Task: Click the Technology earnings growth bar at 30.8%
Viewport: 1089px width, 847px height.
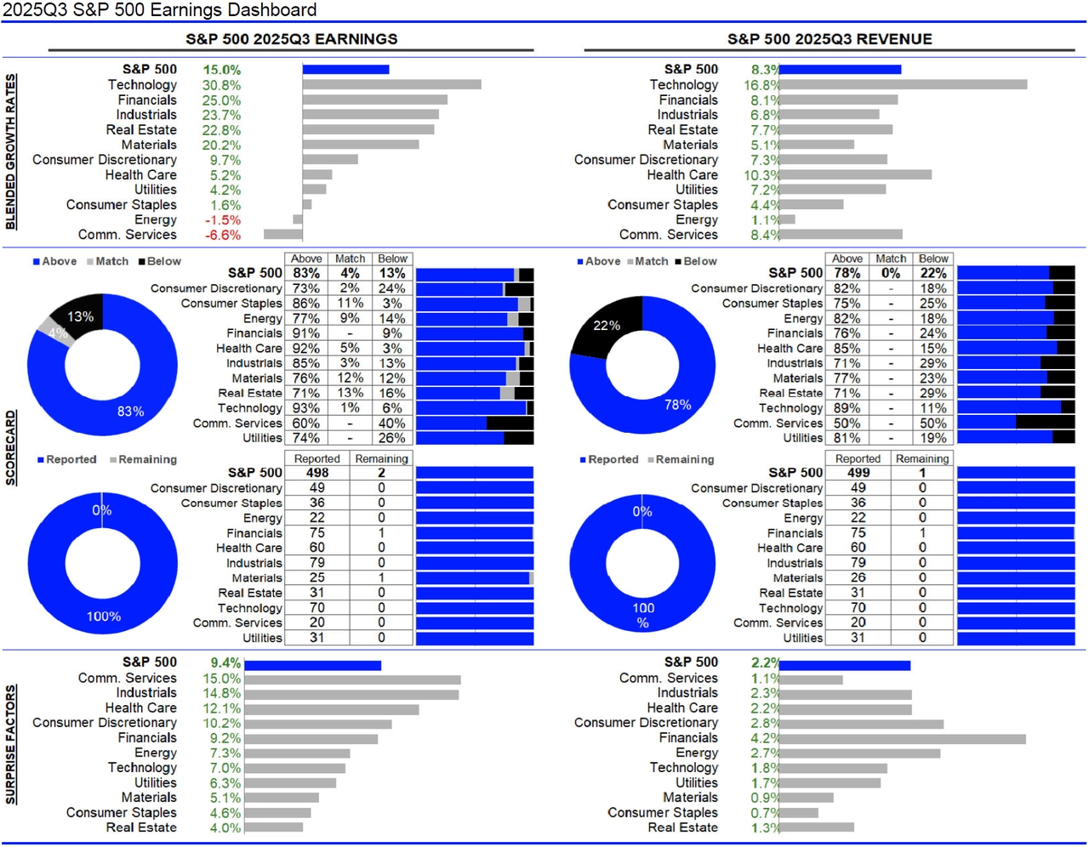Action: tap(391, 85)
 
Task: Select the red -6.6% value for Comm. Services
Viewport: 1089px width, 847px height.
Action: tap(223, 236)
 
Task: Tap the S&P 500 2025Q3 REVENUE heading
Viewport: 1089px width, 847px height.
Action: tap(830, 39)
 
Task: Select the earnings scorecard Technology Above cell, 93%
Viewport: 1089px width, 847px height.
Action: tap(306, 408)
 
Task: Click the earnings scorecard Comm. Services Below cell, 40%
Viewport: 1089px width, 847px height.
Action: tap(392, 423)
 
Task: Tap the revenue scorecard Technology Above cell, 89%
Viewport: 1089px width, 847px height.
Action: tap(847, 408)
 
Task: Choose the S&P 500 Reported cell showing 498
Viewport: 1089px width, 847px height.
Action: tap(317, 473)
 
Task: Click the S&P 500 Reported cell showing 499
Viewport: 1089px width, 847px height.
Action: tap(858, 473)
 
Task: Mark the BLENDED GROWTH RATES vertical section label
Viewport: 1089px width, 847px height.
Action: tap(11, 151)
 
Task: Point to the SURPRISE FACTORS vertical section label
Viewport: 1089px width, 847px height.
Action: tap(11, 746)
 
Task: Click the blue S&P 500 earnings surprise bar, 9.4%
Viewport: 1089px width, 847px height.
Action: tap(312, 666)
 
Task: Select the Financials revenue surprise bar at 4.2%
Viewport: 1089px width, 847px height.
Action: tap(902, 739)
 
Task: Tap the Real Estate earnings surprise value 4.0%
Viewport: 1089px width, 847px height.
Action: tap(225, 828)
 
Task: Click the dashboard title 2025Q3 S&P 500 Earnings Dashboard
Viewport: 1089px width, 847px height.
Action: tap(160, 10)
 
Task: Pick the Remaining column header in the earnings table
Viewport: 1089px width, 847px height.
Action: tap(381, 459)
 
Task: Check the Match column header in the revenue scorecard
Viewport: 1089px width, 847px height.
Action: tap(891, 259)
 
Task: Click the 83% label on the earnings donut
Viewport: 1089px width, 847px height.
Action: tap(130, 412)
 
